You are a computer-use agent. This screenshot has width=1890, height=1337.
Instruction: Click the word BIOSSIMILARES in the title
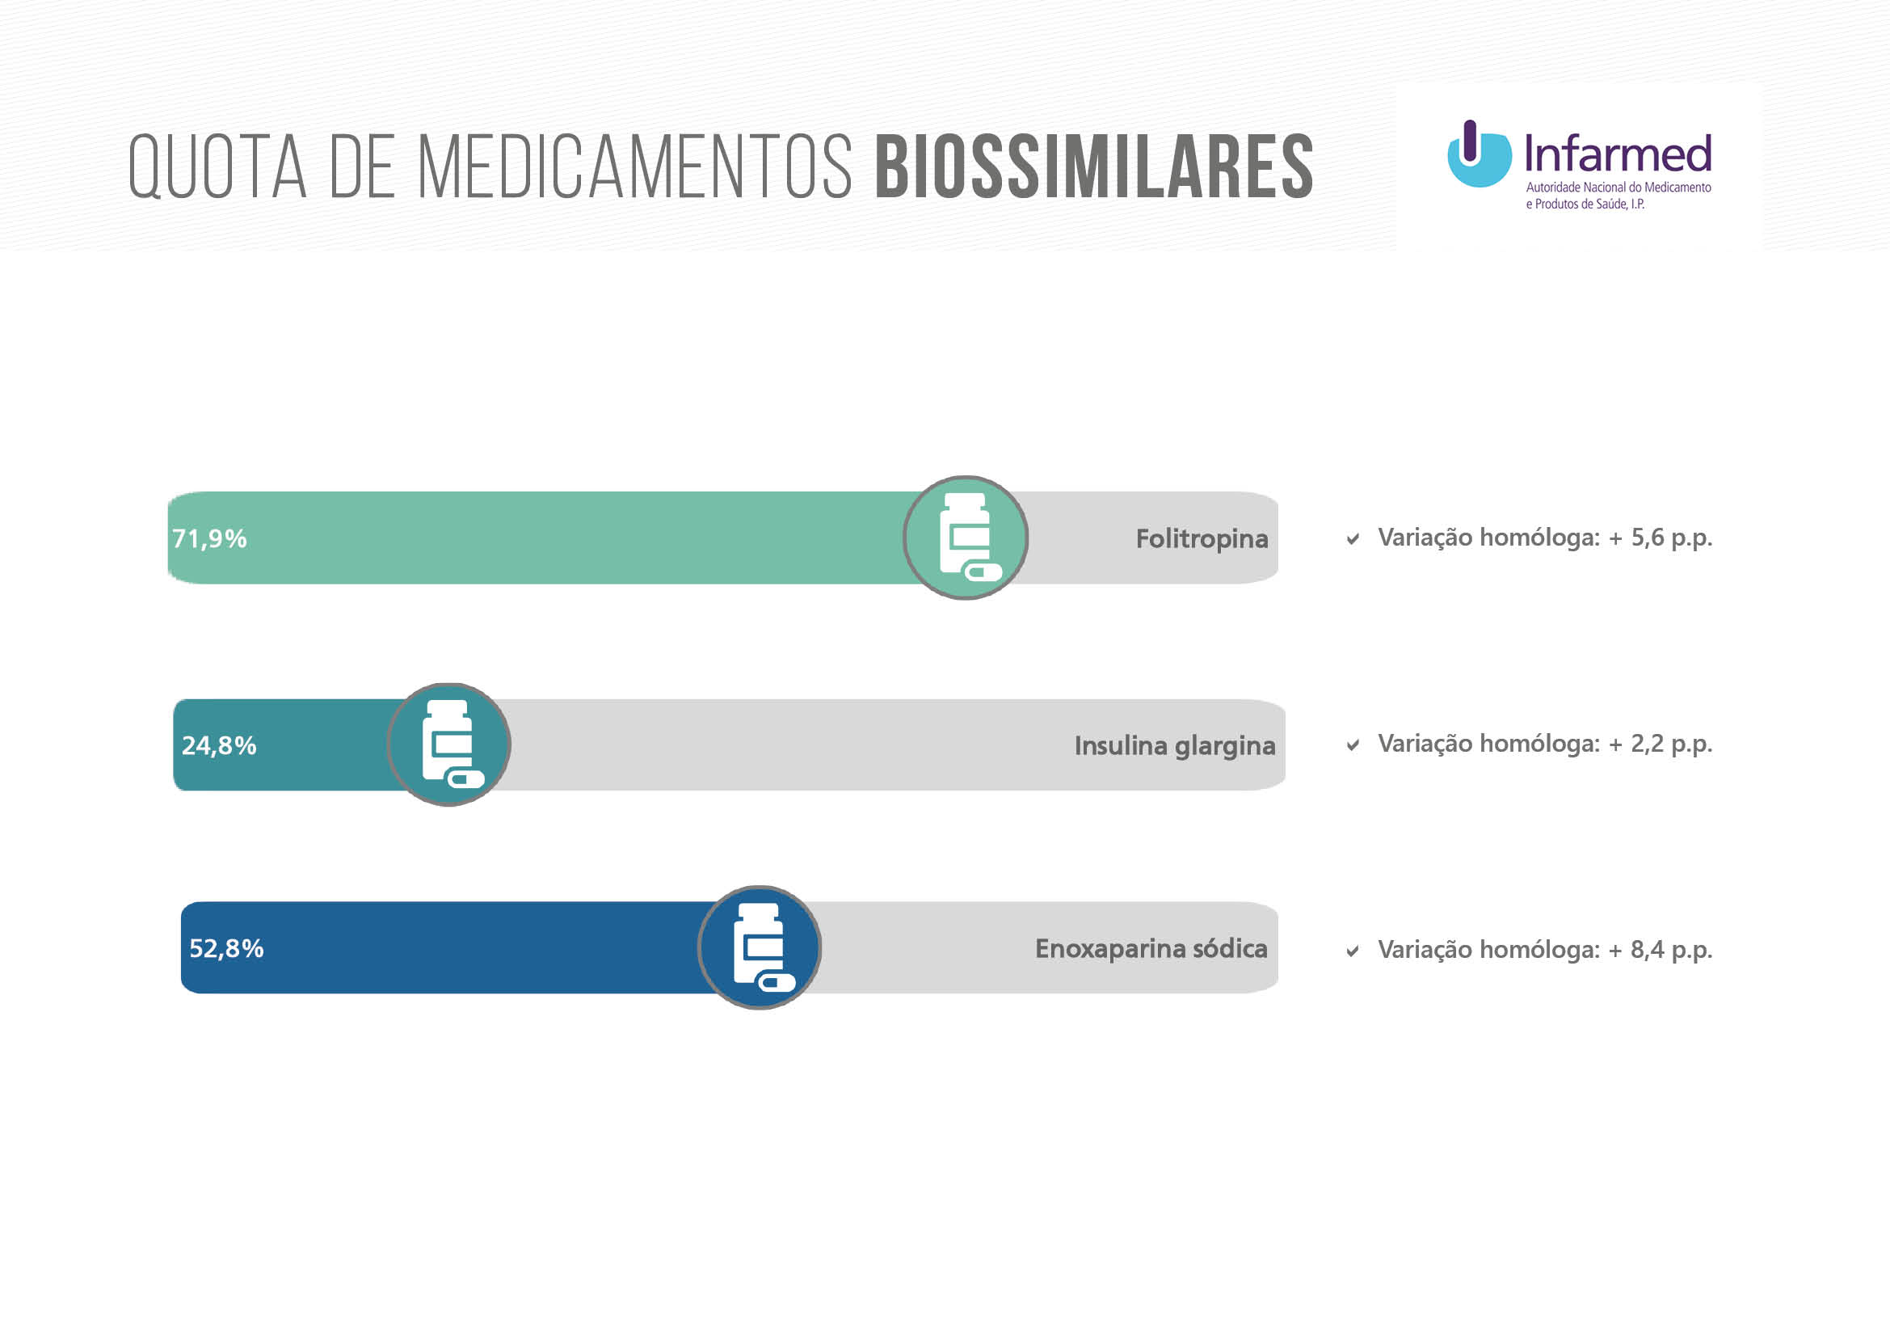tap(1094, 167)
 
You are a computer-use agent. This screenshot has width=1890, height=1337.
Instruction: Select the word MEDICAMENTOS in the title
tap(634, 167)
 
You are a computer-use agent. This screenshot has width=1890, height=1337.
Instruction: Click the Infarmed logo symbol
tap(1479, 154)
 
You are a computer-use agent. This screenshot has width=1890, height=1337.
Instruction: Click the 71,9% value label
tap(209, 538)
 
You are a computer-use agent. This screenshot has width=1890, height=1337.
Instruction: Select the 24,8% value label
tap(219, 745)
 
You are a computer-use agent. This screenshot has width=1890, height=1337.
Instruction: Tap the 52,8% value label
tap(226, 948)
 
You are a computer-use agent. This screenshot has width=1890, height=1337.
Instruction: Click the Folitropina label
tap(1201, 538)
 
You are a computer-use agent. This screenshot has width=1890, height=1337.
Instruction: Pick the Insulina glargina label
tap(1174, 745)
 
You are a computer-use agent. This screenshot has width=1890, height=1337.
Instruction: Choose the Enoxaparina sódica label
tap(1151, 948)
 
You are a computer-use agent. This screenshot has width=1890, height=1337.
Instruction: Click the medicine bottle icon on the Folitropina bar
tap(966, 538)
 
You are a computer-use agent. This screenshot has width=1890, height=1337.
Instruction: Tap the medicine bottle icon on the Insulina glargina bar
tap(448, 744)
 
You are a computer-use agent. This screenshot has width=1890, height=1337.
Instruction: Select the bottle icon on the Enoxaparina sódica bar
tap(759, 947)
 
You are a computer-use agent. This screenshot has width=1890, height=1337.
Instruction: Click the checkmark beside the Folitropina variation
tap(1353, 539)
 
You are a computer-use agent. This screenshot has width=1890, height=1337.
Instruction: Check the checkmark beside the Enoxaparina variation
tap(1353, 951)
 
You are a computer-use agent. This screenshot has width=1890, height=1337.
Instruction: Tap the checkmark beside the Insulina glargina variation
tap(1353, 745)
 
